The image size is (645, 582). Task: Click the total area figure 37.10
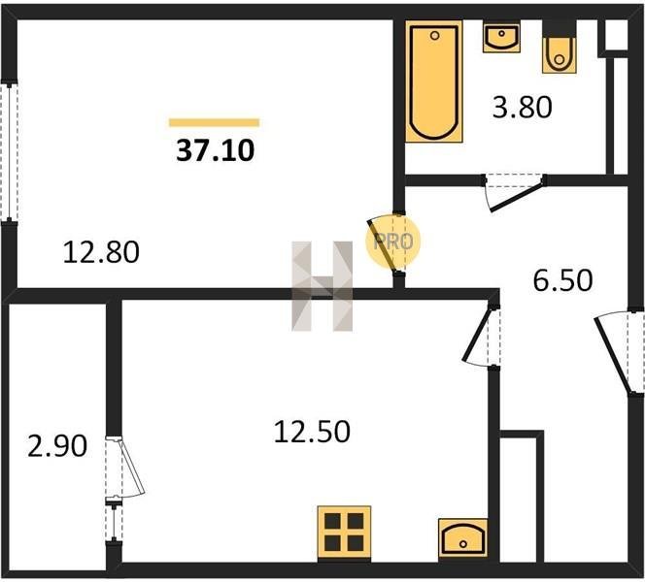[x=216, y=150]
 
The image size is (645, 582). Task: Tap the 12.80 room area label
[x=101, y=252]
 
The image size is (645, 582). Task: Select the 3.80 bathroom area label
[x=522, y=108]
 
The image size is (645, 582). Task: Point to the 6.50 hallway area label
[x=562, y=280]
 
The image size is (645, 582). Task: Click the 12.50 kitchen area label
[x=312, y=432]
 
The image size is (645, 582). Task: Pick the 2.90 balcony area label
[x=57, y=446]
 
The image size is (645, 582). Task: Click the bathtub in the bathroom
[x=434, y=81]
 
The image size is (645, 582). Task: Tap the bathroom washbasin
[x=501, y=38]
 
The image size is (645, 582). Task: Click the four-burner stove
[x=344, y=533]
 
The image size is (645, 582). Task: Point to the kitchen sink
[x=463, y=538]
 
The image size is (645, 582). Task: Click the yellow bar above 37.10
[x=214, y=122]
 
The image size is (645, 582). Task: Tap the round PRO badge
[x=392, y=242]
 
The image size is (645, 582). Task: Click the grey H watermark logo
[x=322, y=286]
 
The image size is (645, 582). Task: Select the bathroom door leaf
[x=518, y=198]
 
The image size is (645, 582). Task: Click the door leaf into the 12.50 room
[x=477, y=335]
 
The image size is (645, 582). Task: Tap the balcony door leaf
[x=132, y=467]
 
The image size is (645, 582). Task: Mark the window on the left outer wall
[x=9, y=151]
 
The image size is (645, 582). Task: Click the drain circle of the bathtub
[x=435, y=36]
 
